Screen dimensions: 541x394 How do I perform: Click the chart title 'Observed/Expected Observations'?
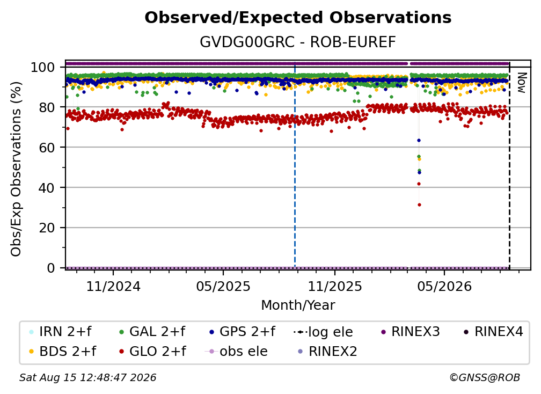(x=298, y=18)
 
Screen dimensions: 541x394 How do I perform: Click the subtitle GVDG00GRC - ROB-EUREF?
(x=298, y=42)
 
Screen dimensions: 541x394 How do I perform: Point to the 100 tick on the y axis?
(x=43, y=67)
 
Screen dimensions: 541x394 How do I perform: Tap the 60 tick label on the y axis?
(x=47, y=147)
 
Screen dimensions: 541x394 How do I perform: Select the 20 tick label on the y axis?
(x=47, y=228)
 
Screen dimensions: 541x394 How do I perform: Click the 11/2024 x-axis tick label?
(x=113, y=286)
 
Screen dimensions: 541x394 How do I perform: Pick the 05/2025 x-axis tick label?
(x=223, y=286)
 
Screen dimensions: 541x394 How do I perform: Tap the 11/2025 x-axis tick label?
(x=335, y=286)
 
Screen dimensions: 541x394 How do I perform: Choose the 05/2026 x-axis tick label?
(x=444, y=286)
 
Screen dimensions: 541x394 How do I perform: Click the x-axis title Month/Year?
(x=298, y=305)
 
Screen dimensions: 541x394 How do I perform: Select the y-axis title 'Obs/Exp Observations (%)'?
(x=16, y=169)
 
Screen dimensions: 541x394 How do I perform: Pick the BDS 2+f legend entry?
(x=63, y=351)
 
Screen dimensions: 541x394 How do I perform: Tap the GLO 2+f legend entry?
(x=152, y=351)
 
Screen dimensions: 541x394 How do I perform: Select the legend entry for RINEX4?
(x=493, y=332)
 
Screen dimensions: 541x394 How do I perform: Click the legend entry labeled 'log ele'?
(x=323, y=332)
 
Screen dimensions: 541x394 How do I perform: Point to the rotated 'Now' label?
(x=521, y=83)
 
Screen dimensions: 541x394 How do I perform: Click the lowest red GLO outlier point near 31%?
(x=419, y=205)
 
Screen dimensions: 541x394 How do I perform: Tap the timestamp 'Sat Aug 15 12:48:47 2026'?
(x=87, y=377)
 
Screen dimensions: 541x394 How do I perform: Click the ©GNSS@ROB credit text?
(x=485, y=377)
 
